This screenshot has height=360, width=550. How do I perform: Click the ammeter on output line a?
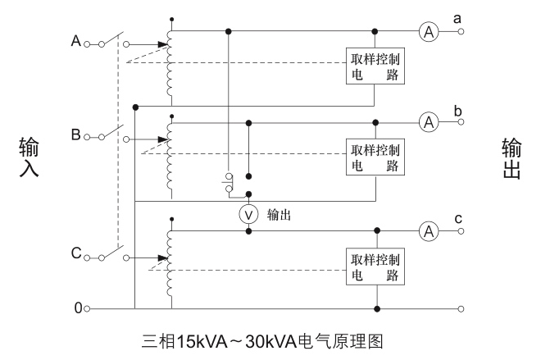(x=427, y=32)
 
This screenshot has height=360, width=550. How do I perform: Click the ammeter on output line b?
(x=427, y=123)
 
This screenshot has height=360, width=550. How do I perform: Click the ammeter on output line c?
(x=427, y=231)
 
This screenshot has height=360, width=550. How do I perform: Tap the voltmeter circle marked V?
(x=248, y=215)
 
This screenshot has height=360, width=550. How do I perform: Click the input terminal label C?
(x=76, y=254)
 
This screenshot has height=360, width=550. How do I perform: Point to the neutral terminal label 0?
(x=78, y=309)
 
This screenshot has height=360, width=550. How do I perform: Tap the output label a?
(x=480, y=16)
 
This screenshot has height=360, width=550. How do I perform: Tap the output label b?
(x=480, y=109)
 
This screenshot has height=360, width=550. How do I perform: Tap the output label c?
(x=480, y=217)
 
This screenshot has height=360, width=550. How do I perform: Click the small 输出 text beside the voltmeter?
(x=279, y=216)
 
